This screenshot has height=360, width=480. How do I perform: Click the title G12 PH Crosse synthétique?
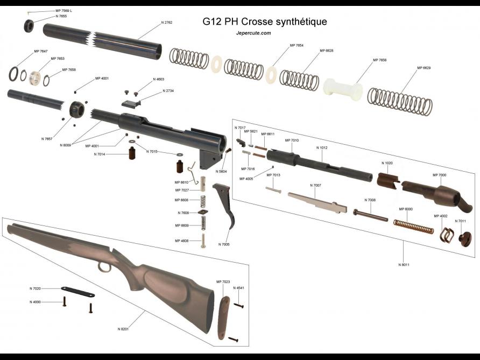pos(264,22)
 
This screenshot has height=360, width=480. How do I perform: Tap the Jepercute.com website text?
pos(253,33)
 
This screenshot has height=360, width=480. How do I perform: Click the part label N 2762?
pos(168,23)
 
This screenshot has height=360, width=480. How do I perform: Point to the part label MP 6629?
pos(423,68)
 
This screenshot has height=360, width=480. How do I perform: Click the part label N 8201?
pos(124,328)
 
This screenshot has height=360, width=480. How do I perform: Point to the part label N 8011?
pos(404,265)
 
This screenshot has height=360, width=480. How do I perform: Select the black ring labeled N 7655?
pos(29,25)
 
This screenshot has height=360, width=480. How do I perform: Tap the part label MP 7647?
pos(40,51)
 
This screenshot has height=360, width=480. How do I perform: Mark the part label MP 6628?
pos(326,51)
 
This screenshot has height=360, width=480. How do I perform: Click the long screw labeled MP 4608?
pos(203,241)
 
